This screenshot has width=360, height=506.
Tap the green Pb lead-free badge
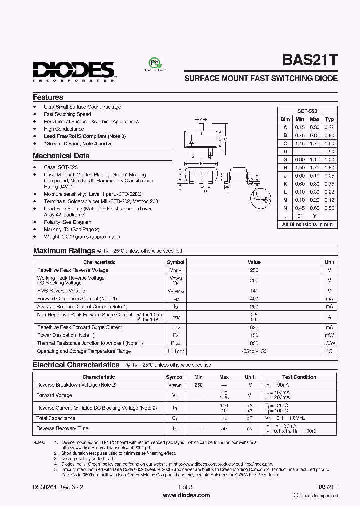click(155, 64)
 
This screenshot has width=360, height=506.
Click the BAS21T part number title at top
click(311, 60)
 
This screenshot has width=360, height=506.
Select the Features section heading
click(48, 97)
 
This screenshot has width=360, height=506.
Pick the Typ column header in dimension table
click(330, 119)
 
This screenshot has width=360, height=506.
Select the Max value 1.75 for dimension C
click(315, 143)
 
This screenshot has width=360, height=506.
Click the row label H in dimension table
click(285, 168)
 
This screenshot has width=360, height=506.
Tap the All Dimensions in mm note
click(307, 224)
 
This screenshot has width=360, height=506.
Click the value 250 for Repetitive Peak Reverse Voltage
click(254, 270)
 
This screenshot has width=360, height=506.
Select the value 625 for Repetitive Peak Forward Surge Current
click(254, 327)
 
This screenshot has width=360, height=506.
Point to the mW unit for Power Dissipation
click(329, 335)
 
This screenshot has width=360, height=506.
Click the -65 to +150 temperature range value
click(254, 351)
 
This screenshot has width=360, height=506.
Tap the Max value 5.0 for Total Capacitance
click(224, 418)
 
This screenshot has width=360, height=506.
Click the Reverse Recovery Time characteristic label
click(62, 428)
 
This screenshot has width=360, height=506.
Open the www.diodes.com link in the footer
click(180, 495)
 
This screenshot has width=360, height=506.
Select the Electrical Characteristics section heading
click(76, 365)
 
